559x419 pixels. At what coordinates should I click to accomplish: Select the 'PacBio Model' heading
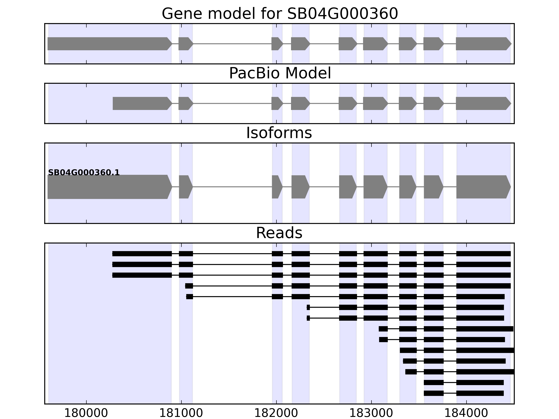pyautogui.click(x=279, y=73)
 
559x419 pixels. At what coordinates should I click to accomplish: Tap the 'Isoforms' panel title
pyautogui.click(x=279, y=133)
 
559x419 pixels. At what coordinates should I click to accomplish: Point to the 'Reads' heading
pyautogui.click(x=279, y=233)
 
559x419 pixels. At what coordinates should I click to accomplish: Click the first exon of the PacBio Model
pyautogui.click(x=141, y=104)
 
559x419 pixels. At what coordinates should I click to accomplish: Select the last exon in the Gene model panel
pyautogui.click(x=483, y=44)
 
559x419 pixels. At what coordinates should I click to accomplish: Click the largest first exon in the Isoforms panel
pyautogui.click(x=109, y=187)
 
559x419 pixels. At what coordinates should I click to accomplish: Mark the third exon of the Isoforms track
pyautogui.click(x=277, y=187)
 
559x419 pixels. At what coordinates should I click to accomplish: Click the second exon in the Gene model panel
pyautogui.click(x=185, y=44)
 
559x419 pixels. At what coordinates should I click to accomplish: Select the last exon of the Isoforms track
pyautogui.click(x=483, y=187)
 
